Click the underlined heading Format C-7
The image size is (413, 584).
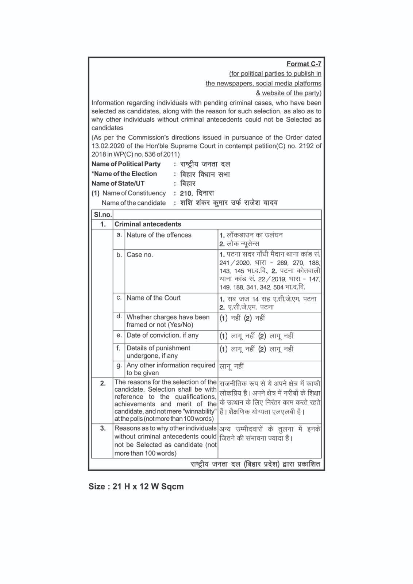tap(304, 64)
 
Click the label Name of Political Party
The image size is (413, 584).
tap(126, 164)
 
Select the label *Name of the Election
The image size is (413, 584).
tap(124, 174)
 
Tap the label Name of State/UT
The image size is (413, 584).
tap(118, 183)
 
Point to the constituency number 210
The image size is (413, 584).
tap(186, 193)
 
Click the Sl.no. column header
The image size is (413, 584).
tap(103, 215)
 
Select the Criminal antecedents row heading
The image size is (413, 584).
tap(148, 224)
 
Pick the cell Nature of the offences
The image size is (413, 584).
tap(159, 235)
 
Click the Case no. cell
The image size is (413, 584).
tap(140, 255)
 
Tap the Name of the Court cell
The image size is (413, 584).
tap(154, 298)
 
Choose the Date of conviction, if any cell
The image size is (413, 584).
tap(162, 335)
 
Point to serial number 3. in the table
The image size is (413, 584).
tap(103, 428)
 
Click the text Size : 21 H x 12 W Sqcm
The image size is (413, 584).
tap(136, 487)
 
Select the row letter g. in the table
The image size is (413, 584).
tap(119, 365)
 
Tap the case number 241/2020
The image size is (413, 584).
tap(235, 263)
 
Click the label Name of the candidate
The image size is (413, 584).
tap(134, 203)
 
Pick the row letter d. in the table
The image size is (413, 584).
tap(119, 316)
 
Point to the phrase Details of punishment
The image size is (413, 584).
tap(158, 348)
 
